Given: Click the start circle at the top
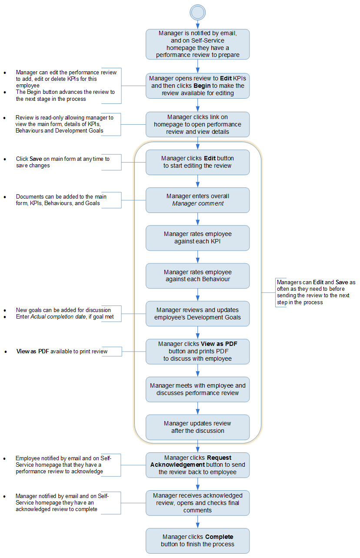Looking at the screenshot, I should point(197,13).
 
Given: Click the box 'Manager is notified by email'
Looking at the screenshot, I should point(197,44).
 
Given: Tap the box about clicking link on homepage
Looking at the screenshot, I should point(197,124).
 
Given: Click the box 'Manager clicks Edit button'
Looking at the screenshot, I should point(197,162).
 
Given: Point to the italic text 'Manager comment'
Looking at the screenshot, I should point(198,203).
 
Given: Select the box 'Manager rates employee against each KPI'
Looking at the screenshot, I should point(197,238).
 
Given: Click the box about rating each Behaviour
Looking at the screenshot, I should point(197,276).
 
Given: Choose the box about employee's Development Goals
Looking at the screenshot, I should point(197,313).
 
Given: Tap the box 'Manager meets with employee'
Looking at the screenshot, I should point(197,389).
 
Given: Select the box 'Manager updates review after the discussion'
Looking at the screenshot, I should point(197,427).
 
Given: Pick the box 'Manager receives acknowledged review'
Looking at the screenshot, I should point(197,503).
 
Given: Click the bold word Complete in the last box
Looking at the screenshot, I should point(219,537).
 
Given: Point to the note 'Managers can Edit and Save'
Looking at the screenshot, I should point(316,292).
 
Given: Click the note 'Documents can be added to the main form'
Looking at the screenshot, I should point(61,200).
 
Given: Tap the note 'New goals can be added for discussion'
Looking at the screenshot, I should point(63,310).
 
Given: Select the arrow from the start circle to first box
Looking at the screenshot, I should point(197,24).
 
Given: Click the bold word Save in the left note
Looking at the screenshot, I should point(36,159).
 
